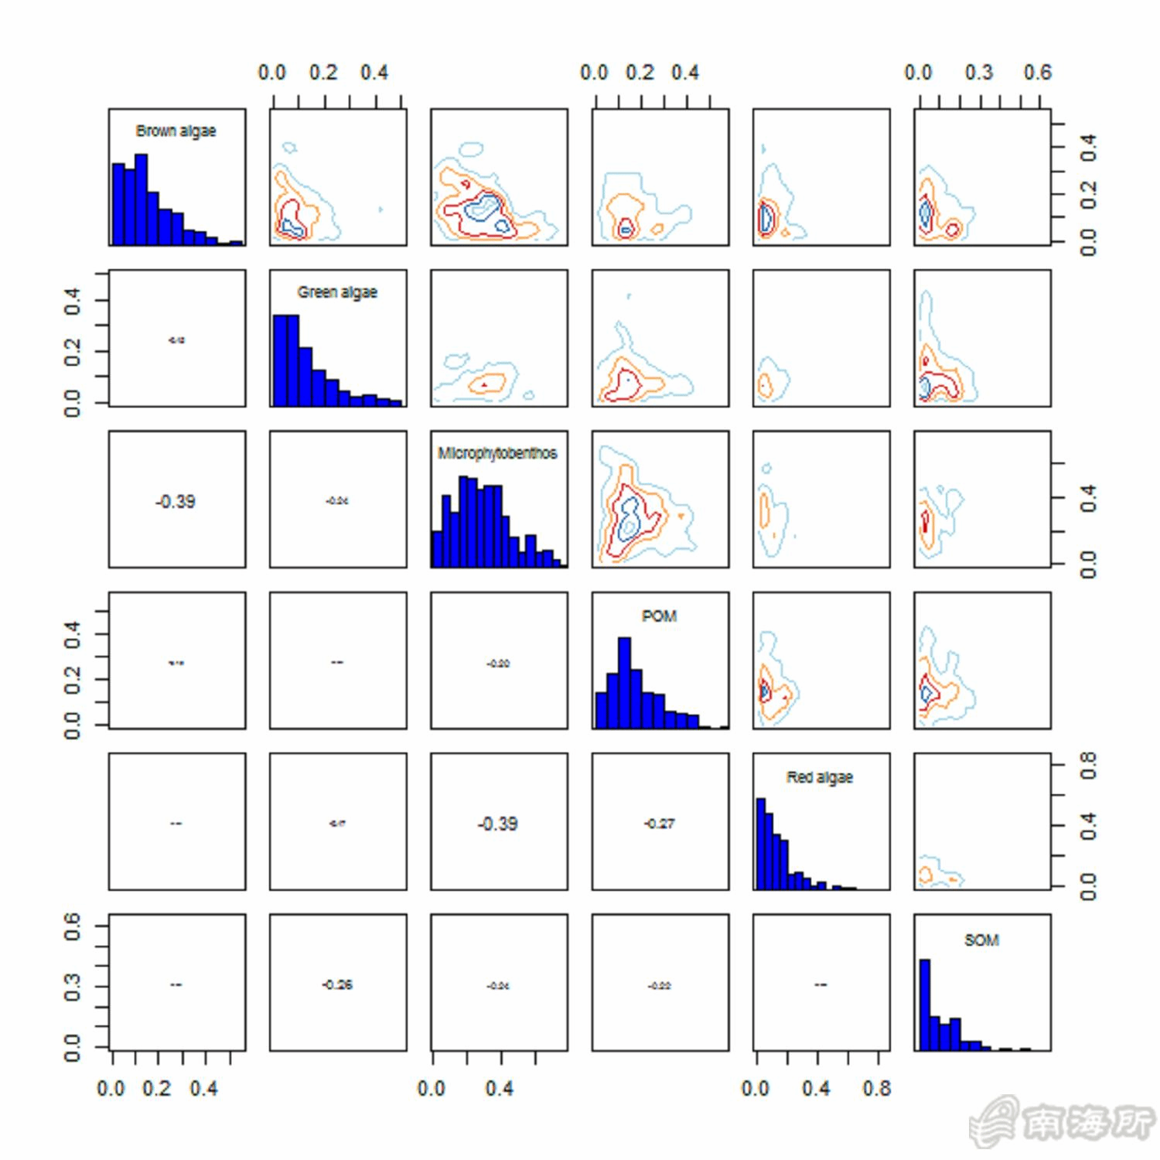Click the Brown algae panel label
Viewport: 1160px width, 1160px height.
176,131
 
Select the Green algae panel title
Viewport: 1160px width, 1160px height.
337,292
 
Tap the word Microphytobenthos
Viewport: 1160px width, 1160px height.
497,453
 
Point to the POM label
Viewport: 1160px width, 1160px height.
659,616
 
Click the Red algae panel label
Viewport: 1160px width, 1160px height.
820,777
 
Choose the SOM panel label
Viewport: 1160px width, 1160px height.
981,940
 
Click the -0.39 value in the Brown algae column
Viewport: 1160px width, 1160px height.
176,501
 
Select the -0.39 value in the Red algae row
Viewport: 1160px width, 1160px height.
497,824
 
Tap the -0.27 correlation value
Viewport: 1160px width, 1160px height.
659,824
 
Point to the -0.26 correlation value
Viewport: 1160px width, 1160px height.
337,984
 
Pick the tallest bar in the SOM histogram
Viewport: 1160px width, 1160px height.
925,1004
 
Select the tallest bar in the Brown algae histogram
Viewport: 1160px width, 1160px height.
141,199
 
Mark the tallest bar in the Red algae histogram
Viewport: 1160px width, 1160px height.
760,843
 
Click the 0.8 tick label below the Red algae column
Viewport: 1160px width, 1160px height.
877,1088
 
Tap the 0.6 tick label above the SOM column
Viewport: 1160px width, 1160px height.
1037,73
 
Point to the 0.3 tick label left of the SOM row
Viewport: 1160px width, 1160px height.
72,987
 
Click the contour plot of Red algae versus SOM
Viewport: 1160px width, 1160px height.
981,821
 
